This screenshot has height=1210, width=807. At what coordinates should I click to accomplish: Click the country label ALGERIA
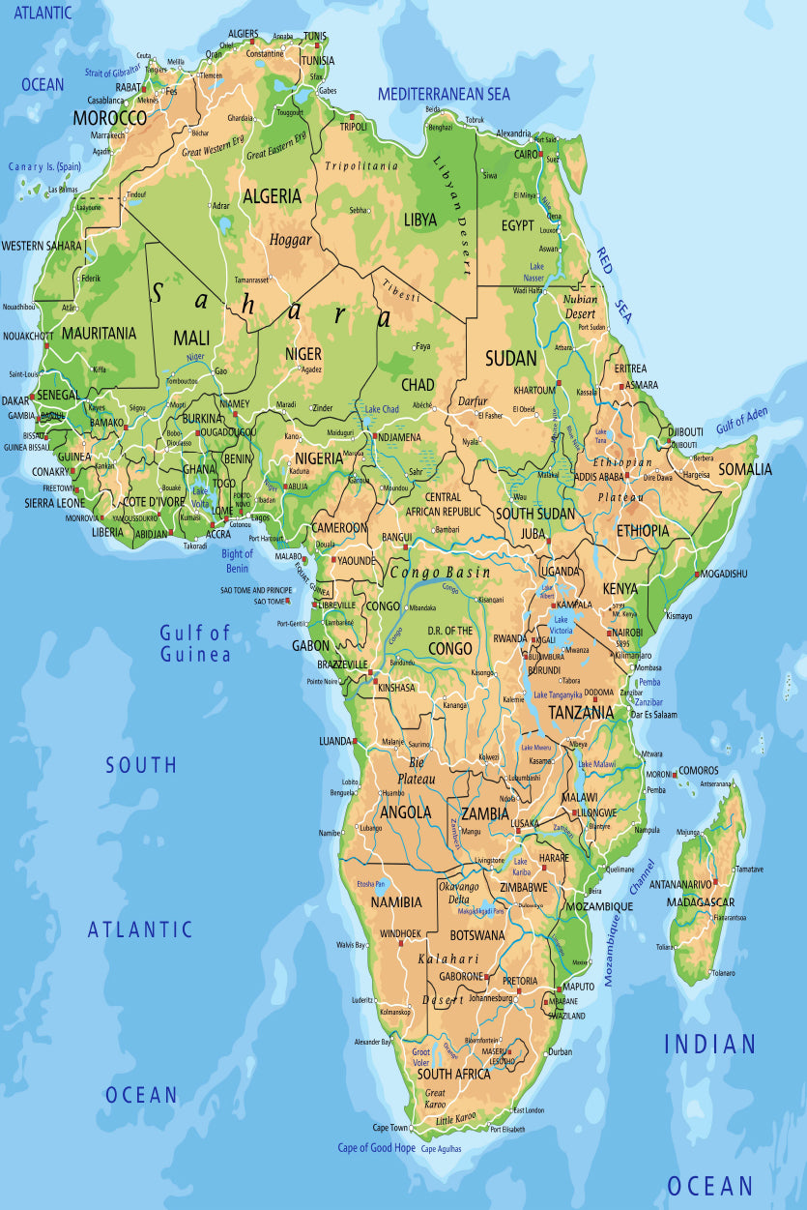click(x=272, y=196)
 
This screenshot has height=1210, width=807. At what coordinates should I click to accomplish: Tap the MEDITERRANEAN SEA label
click(x=444, y=94)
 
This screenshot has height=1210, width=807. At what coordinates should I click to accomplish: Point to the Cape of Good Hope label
click(x=376, y=1148)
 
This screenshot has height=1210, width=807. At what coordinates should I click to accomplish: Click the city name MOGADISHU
click(x=724, y=574)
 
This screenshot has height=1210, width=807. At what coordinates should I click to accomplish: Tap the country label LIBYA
click(x=420, y=220)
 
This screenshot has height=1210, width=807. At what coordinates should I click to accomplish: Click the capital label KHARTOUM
click(x=534, y=390)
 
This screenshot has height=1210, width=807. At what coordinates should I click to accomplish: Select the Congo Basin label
click(x=440, y=573)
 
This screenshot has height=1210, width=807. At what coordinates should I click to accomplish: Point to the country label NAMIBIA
click(x=396, y=901)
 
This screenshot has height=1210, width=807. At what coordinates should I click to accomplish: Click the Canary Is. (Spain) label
click(x=45, y=166)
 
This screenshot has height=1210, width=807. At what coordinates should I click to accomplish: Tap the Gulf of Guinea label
click(x=195, y=644)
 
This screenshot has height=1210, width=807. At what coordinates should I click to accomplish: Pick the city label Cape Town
click(x=390, y=1128)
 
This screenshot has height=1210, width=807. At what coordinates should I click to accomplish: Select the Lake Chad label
click(x=382, y=409)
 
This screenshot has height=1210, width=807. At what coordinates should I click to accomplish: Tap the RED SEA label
click(x=613, y=286)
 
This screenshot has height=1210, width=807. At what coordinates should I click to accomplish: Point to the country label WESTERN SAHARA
click(x=42, y=246)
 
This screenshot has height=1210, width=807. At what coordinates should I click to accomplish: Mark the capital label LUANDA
click(x=335, y=741)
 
